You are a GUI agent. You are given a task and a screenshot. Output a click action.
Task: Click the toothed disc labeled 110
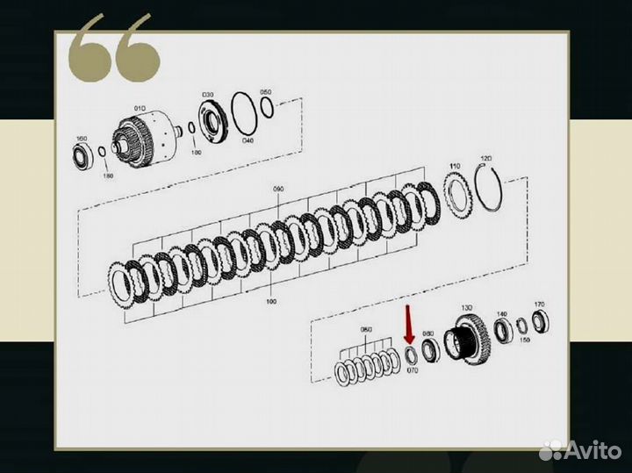456,190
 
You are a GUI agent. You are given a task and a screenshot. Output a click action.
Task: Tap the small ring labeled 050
268,108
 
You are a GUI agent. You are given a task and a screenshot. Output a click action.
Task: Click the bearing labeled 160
84,156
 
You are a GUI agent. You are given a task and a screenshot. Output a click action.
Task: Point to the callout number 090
279,189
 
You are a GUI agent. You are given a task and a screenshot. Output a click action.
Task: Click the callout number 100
270,301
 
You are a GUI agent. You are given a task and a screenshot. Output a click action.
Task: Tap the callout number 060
367,330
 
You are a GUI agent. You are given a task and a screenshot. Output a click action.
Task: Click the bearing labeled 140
502,332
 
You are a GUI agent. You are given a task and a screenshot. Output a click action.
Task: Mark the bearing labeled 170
541,321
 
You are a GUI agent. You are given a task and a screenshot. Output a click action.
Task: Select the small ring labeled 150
522,326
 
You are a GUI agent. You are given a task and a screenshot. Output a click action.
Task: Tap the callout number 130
466,308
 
